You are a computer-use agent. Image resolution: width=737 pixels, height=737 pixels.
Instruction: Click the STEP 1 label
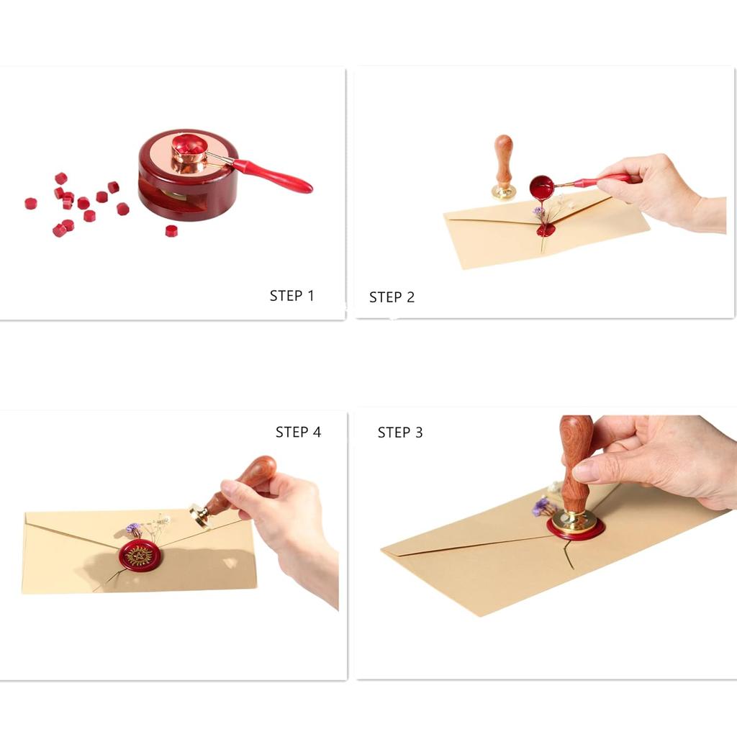coord(291,296)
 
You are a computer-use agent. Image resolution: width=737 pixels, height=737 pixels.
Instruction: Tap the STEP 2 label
coord(392,297)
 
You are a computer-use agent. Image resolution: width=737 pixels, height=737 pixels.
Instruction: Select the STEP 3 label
coord(400,433)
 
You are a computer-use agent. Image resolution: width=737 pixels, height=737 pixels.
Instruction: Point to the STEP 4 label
coord(298,433)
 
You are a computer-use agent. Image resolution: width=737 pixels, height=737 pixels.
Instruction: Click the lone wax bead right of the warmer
coord(171,231)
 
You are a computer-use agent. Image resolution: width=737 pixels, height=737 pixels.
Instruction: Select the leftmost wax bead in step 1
coord(30,204)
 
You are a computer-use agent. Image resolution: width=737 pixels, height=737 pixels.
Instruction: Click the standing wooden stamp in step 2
coord(503,166)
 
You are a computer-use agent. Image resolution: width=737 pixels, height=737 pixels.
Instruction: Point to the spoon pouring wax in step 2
coord(542,188)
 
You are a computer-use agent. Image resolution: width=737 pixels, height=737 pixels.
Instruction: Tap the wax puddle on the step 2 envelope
coord(546,230)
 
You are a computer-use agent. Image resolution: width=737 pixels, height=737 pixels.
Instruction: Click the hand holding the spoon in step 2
coord(655,191)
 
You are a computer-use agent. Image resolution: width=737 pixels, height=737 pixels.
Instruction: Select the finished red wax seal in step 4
coord(140,555)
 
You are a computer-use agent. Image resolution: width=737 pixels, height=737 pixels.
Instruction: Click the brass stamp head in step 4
coord(199,515)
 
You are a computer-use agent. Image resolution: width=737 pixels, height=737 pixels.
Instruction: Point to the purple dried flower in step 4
coord(133,529)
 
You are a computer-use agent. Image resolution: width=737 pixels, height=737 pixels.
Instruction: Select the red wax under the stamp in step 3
coord(575,531)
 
